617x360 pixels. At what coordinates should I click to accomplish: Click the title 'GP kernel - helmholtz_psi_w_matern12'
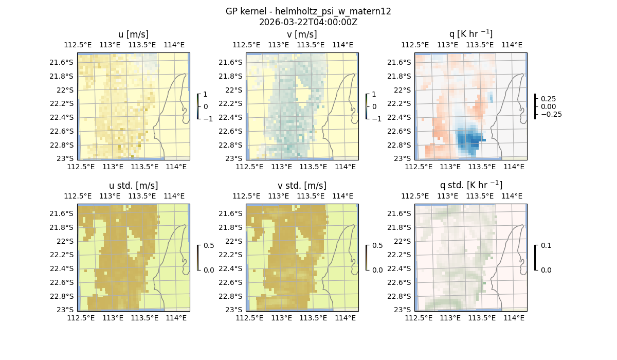308,11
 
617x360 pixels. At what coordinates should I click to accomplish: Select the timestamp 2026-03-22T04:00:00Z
308,22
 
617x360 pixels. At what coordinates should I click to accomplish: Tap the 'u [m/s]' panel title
133,34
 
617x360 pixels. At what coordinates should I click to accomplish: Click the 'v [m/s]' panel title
302,34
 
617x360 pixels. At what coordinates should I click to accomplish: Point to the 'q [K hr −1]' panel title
470,34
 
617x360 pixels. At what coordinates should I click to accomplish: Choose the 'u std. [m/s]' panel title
133,186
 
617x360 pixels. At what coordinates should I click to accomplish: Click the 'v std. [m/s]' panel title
302,186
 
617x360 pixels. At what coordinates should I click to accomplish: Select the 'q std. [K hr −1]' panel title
470,185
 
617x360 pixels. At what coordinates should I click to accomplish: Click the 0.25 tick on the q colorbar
548,99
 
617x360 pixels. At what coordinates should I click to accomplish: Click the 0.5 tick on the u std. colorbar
209,246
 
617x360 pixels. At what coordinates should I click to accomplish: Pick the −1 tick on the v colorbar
377,118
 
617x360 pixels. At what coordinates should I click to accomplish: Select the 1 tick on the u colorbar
206,95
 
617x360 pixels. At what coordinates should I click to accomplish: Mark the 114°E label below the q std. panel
514,318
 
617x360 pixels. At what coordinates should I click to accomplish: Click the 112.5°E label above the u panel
78,45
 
